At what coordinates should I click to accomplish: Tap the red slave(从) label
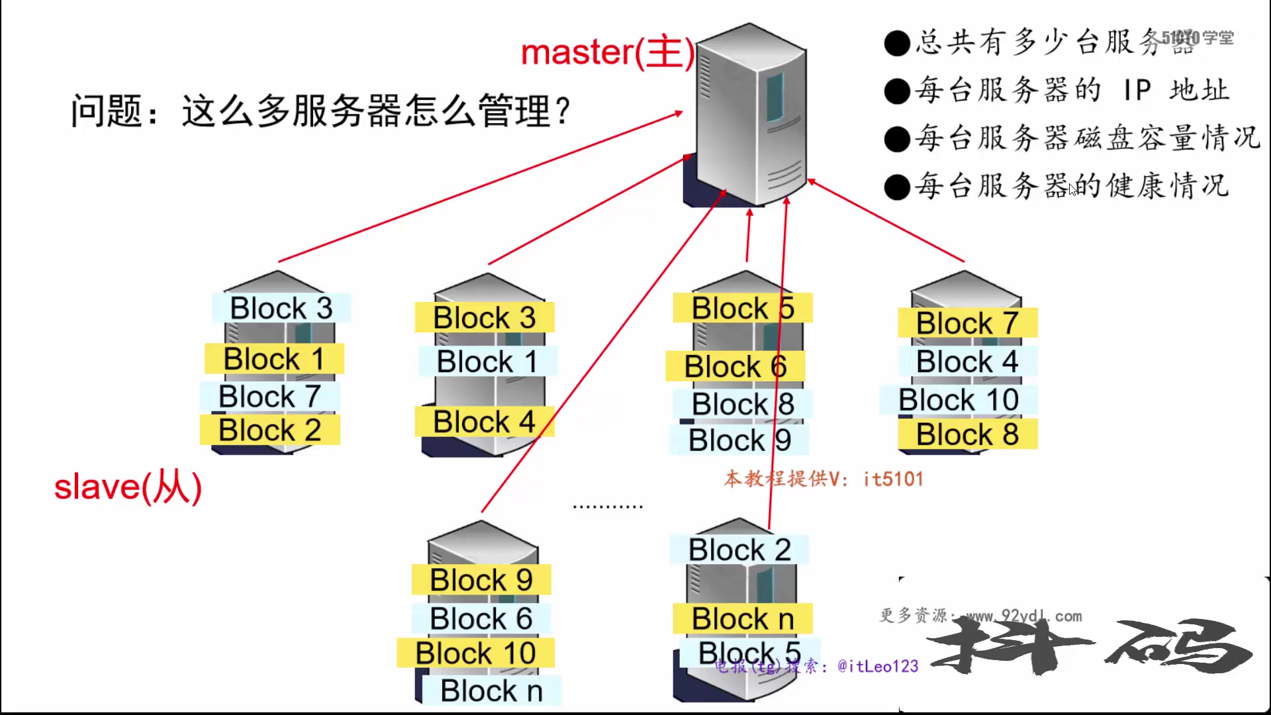[x=128, y=487]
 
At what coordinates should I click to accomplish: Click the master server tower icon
[x=751, y=116]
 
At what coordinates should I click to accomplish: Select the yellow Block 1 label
[x=274, y=359]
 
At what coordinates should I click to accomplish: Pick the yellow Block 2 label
[x=270, y=430]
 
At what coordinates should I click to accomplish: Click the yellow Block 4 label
[x=484, y=422]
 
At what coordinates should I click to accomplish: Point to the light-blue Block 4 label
[x=967, y=362]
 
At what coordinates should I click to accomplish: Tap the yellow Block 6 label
[x=735, y=367]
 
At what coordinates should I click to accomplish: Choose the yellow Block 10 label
[x=475, y=653]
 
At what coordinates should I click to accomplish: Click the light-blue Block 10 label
[x=959, y=401]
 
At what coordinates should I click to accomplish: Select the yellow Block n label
[x=743, y=619]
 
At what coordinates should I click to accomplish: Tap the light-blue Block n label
[x=491, y=691]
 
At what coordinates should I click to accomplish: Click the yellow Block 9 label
[x=481, y=581]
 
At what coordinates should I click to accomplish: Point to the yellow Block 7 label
[x=967, y=324]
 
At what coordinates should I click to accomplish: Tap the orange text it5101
[x=893, y=479]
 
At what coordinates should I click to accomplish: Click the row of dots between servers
[x=608, y=507]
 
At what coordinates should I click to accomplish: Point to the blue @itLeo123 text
[x=878, y=666]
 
